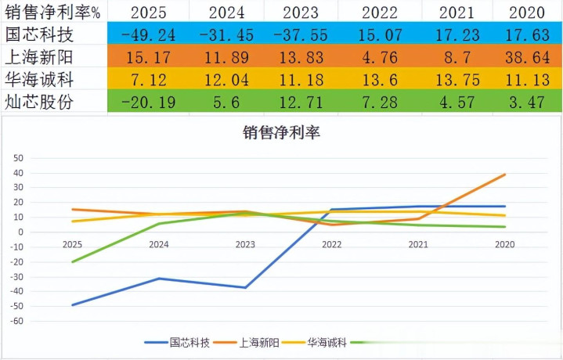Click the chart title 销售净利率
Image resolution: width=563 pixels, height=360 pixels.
(x=281, y=132)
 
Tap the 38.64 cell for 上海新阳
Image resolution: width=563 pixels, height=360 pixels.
(x=526, y=56)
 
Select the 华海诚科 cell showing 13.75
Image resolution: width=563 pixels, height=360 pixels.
(x=456, y=78)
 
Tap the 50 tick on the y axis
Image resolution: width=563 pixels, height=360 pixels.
(x=19, y=157)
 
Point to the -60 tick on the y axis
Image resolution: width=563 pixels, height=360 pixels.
(x=16, y=321)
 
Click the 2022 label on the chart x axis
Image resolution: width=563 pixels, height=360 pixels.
(x=331, y=245)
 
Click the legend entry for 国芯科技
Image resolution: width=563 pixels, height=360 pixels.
(x=179, y=342)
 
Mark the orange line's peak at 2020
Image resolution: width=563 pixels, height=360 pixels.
(x=504, y=175)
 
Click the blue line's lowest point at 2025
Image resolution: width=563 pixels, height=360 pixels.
(x=72, y=305)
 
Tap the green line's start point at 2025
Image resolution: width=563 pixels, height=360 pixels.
(x=72, y=262)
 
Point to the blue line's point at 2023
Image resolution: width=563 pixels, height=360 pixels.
(x=245, y=287)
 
